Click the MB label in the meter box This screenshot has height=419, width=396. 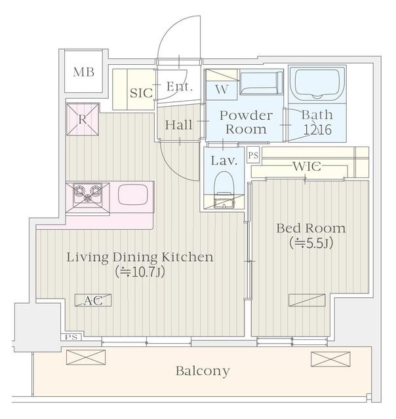click(84, 72)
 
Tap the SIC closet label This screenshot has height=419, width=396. click(141, 93)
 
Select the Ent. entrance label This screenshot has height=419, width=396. click(179, 86)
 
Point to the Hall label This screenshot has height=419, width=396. click(178, 125)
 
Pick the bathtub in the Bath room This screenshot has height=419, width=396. click(317, 83)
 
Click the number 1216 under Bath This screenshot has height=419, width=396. click(317, 130)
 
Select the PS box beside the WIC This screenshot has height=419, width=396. click(253, 155)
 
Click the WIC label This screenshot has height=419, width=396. click(307, 166)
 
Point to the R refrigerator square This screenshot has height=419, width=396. click(83, 119)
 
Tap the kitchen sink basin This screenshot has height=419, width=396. click(132, 194)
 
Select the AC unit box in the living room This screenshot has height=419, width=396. click(93, 301)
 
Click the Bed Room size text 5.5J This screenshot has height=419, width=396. click(311, 243)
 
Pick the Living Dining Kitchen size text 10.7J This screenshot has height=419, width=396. click(140, 272)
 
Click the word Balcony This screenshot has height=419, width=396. click(203, 371)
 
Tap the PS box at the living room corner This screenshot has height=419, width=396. click(71, 337)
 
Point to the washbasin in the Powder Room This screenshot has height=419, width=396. click(262, 82)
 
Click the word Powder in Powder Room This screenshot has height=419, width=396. click(247, 115)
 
